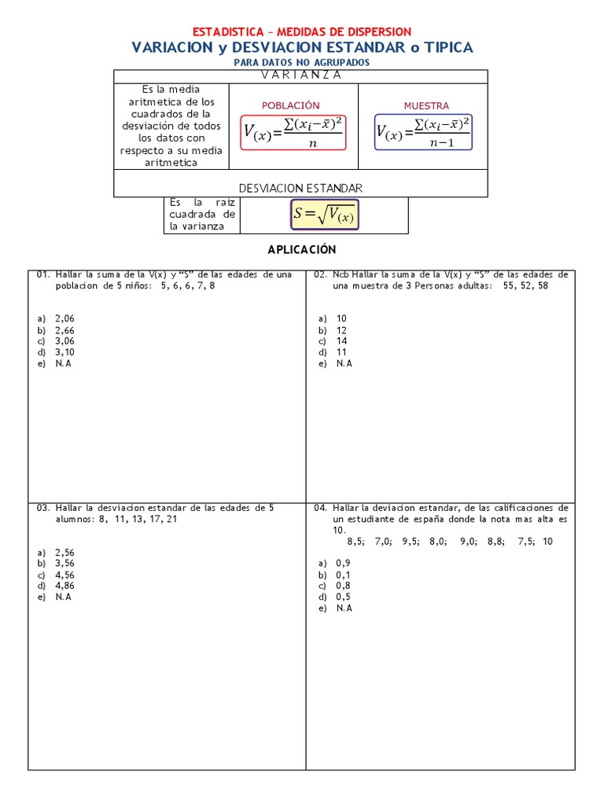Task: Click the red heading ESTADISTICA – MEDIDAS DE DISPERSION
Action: click(x=302, y=31)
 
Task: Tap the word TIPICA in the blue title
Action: click(x=448, y=48)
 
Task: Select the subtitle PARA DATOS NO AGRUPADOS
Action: click(x=302, y=63)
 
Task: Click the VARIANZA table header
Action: click(x=301, y=75)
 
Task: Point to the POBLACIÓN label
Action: click(x=291, y=105)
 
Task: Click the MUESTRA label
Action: click(x=426, y=105)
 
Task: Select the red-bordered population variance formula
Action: click(x=294, y=132)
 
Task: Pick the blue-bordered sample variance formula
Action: click(x=423, y=132)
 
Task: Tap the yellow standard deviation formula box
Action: click(x=324, y=214)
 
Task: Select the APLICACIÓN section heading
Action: click(x=302, y=249)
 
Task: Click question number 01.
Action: click(x=43, y=274)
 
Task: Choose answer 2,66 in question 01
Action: click(x=64, y=330)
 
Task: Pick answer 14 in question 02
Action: click(x=341, y=341)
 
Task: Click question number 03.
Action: click(x=43, y=508)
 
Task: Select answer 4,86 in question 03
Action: click(x=64, y=586)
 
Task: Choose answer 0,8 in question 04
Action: click(x=343, y=586)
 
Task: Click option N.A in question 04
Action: click(x=344, y=608)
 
